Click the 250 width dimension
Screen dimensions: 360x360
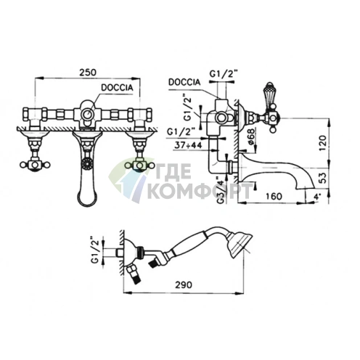88,73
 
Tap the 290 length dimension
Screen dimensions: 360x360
184,285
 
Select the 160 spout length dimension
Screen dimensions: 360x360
274,196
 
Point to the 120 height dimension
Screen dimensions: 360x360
323,143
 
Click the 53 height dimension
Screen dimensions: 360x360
323,178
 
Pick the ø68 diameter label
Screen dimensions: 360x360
251,136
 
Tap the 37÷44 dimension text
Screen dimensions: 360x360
189,145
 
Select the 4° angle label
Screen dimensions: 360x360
317,197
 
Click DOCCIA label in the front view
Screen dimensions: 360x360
117,88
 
